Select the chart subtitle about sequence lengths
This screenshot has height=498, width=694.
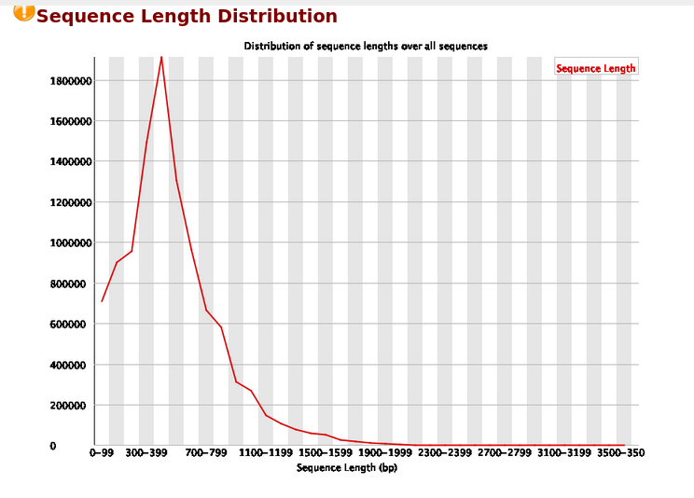coord(366,46)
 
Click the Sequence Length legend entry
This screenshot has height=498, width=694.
coord(595,68)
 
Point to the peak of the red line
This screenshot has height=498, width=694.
coord(161,57)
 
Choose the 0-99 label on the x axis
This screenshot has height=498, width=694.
coord(102,453)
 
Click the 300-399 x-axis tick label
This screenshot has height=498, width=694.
coord(146,453)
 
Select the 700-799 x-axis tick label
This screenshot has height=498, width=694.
coord(206,453)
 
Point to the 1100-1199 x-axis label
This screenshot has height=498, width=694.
coord(265,453)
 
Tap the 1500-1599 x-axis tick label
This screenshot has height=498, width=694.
coord(325,453)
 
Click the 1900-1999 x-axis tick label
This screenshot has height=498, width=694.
coord(384,453)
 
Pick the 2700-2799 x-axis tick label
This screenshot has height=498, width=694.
coord(504,453)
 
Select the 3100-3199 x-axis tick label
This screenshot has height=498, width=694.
coord(563,453)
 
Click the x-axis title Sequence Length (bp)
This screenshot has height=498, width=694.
coord(340,467)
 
